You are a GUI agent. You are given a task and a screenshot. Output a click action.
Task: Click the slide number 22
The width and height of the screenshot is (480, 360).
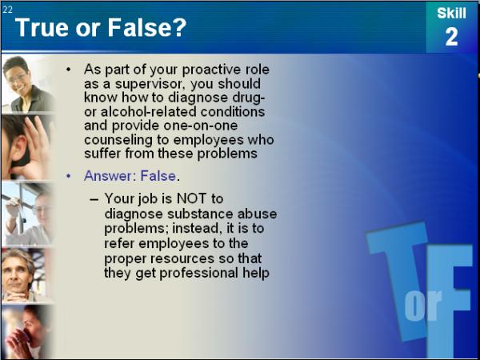[7, 10]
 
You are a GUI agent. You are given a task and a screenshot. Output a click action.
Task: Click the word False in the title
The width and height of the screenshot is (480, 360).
[146, 27]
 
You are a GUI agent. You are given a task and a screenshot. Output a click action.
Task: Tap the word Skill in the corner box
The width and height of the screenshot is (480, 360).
[451, 13]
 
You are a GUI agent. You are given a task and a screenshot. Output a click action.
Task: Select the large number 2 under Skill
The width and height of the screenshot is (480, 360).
[451, 37]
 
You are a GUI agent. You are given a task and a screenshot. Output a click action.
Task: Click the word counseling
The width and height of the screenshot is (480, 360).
[118, 140]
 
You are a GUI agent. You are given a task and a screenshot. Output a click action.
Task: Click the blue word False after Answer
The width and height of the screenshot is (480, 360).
[158, 176]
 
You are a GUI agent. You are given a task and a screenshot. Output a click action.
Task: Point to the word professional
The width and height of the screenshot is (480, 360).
[198, 273]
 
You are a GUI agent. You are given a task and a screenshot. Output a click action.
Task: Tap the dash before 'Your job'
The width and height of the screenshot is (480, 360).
[94, 199]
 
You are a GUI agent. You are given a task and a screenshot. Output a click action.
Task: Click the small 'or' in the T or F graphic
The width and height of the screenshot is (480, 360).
[423, 304]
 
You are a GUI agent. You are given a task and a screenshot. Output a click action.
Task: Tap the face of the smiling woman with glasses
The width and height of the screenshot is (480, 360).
[18, 76]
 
